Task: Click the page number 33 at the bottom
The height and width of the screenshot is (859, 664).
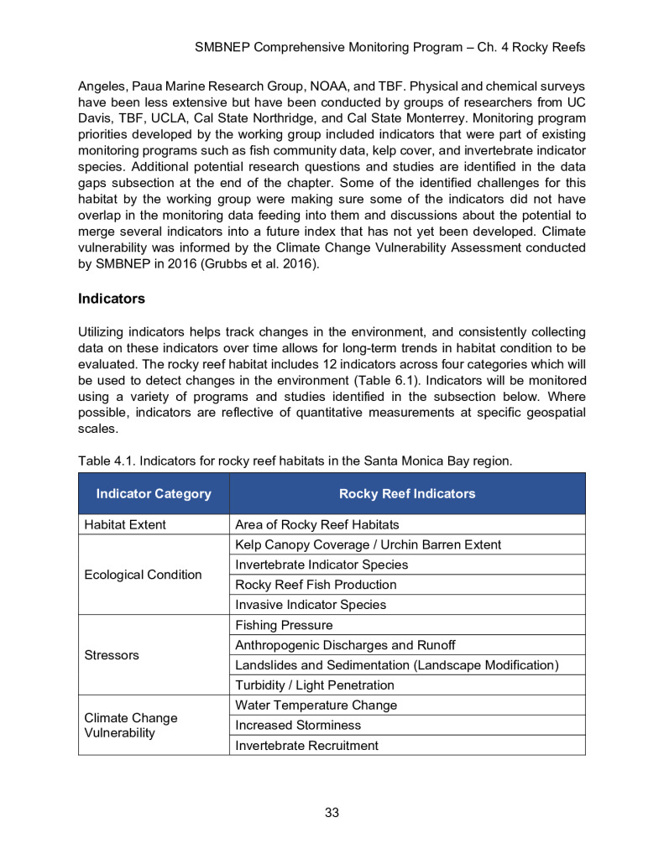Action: (x=332, y=812)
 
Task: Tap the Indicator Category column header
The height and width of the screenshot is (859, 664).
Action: (x=154, y=493)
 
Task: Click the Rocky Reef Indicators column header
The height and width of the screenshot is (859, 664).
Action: (x=406, y=493)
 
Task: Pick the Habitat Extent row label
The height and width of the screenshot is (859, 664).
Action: (x=125, y=524)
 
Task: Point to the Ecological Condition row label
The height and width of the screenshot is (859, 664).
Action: (x=144, y=575)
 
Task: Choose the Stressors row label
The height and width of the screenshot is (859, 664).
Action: (x=112, y=655)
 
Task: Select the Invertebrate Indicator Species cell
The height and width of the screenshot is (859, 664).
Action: (x=322, y=565)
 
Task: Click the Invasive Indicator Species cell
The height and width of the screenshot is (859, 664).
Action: (x=310, y=605)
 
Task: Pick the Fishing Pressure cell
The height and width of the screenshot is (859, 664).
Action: (x=284, y=625)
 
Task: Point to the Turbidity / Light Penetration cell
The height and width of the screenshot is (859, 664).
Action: (x=314, y=685)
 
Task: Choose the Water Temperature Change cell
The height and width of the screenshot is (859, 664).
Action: (x=316, y=705)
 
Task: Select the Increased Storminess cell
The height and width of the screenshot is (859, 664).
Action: (x=298, y=726)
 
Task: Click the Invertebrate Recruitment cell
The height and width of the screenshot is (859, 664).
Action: (x=306, y=746)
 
